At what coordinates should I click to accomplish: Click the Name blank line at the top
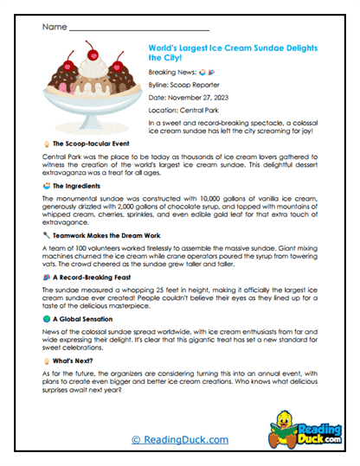point(138,29)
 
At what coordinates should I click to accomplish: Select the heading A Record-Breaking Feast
point(95,277)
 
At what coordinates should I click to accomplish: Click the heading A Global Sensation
point(87,319)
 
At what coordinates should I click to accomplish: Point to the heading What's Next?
point(76,361)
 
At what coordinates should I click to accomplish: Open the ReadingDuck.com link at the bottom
point(179,440)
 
